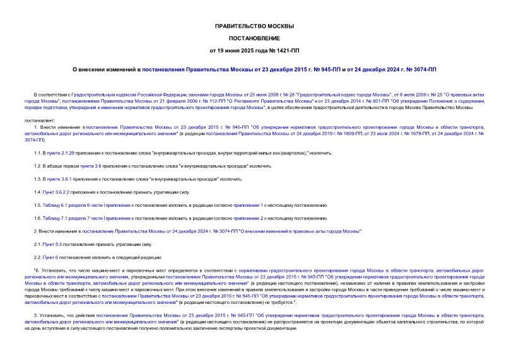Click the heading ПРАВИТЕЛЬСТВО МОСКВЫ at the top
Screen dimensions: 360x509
click(x=254, y=26)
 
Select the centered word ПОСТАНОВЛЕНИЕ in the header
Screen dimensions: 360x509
click(x=254, y=38)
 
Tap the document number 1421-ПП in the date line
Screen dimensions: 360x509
click(x=284, y=50)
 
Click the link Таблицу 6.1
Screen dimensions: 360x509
click(x=61, y=205)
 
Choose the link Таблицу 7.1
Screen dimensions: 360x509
click(x=61, y=218)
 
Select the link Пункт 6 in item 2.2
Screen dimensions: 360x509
click(x=51, y=257)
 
